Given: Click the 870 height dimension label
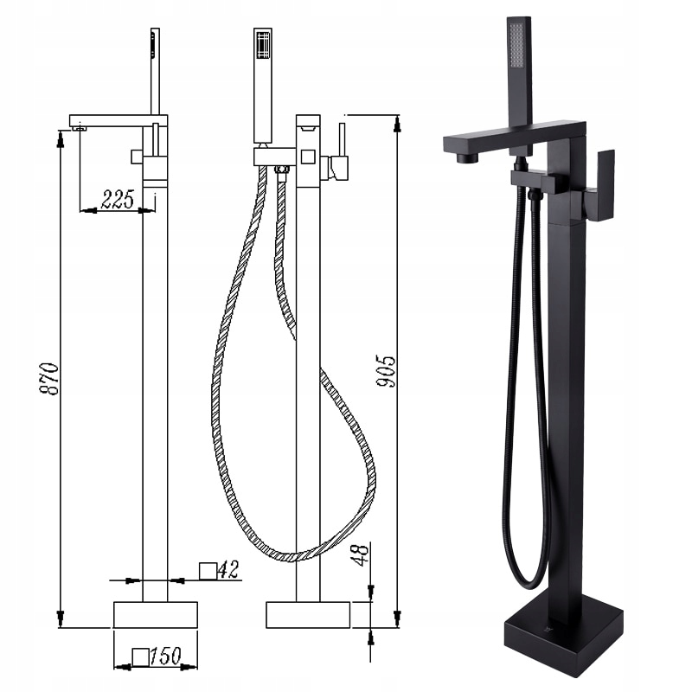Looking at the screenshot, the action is point(49,379).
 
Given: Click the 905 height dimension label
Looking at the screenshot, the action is point(386,371).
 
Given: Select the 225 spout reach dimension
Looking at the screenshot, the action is point(118,200).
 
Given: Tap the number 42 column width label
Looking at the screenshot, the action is point(228,569).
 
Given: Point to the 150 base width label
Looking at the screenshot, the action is point(165,656).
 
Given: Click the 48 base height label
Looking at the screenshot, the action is point(360,554).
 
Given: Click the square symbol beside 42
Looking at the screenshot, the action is point(208,571).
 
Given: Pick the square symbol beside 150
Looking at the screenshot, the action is point(141,657).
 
